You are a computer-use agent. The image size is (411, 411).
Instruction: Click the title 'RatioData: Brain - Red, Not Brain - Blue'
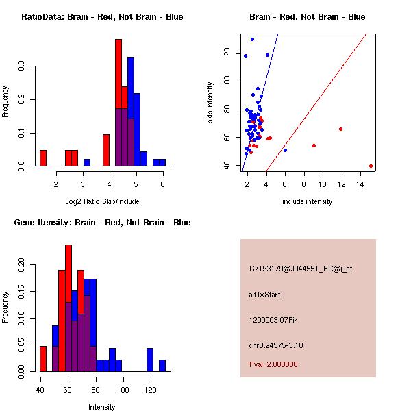point(102,17)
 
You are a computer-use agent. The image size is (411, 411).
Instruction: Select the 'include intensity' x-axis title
point(307,201)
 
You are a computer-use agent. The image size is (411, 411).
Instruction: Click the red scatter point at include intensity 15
point(371,166)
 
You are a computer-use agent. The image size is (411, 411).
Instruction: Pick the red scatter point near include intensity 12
point(340,129)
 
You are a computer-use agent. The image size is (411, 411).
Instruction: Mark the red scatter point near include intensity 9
point(314,145)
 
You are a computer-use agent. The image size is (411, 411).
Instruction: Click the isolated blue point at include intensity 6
point(285,150)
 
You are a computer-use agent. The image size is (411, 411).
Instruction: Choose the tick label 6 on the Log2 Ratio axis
point(162,184)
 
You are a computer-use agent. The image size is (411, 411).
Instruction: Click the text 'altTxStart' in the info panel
point(265,295)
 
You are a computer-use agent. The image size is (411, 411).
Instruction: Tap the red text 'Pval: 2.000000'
point(274,364)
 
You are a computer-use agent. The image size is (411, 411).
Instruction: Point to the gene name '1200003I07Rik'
point(273,320)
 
